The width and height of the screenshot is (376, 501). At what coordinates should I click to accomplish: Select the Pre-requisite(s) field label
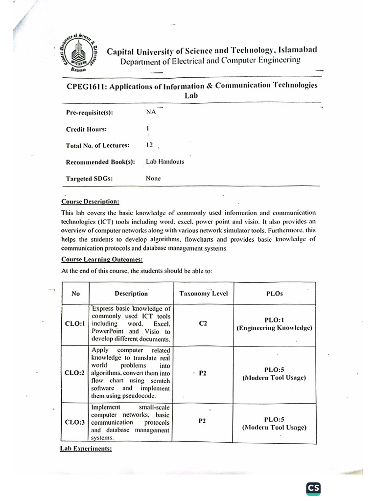89,113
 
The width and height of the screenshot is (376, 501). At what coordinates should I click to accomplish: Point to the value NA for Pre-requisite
151,112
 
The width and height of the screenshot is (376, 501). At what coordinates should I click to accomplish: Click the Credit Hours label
86,129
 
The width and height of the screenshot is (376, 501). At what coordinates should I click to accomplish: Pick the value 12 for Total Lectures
149,145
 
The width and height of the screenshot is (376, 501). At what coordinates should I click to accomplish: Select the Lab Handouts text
165,161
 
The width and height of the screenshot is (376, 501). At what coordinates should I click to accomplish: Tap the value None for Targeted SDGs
153,178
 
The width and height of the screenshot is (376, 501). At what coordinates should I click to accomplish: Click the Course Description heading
90,202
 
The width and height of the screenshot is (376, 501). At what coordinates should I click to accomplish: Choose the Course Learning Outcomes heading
102,259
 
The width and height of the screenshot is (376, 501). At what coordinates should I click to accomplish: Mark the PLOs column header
274,294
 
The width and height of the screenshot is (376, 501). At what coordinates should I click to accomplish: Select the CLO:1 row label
75,324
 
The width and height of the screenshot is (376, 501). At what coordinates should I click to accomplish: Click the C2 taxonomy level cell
202,324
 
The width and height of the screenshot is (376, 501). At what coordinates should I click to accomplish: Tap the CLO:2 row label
75,373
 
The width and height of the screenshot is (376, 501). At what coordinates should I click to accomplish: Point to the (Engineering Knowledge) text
274,328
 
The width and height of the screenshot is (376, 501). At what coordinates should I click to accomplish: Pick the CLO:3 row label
75,422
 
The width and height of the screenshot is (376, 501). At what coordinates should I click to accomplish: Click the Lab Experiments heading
86,448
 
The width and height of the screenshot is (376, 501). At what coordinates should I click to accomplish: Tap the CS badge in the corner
313,489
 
